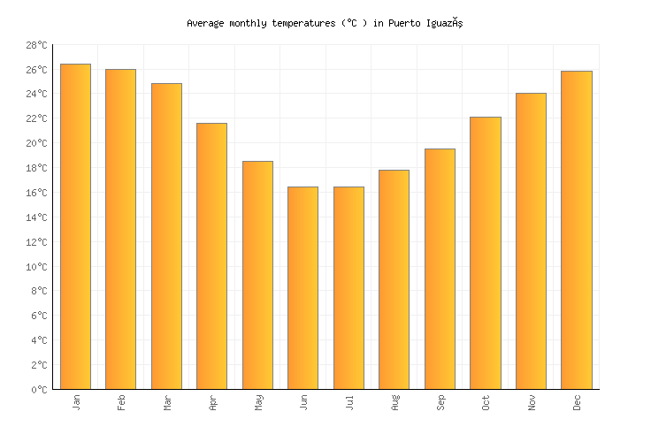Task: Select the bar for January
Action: coord(75,226)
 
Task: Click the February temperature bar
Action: coord(120,229)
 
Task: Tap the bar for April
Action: coord(211,255)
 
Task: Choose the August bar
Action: coord(394,279)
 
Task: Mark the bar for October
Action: coord(485,253)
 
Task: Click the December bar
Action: coord(576,230)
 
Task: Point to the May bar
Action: coord(257,275)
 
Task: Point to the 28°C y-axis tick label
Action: coord(36,45)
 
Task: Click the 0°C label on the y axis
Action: coord(39,390)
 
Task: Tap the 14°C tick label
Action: coord(36,217)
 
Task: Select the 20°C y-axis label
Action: coord(36,143)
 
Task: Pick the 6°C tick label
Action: coord(39,316)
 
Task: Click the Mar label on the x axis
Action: coord(167,402)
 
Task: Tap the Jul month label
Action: coord(348,402)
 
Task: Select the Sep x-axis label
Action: coord(440,402)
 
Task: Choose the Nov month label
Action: coord(531,402)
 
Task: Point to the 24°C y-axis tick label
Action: coord(36,94)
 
